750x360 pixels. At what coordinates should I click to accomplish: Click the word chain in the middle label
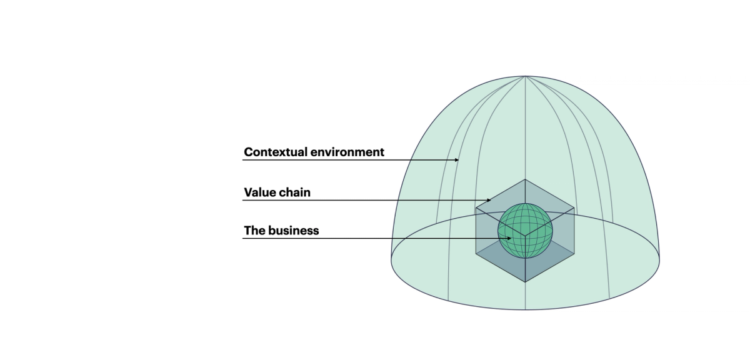tap(295, 192)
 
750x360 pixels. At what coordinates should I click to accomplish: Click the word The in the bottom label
tap(254, 231)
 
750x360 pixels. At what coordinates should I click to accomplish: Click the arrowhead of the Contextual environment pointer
tap(457, 160)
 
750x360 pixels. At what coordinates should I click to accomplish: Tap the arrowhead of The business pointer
tap(512, 238)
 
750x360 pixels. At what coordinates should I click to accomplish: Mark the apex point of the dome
tap(524, 76)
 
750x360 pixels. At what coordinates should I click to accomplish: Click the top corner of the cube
tap(525, 179)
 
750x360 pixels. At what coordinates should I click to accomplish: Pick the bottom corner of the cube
tap(525, 282)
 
